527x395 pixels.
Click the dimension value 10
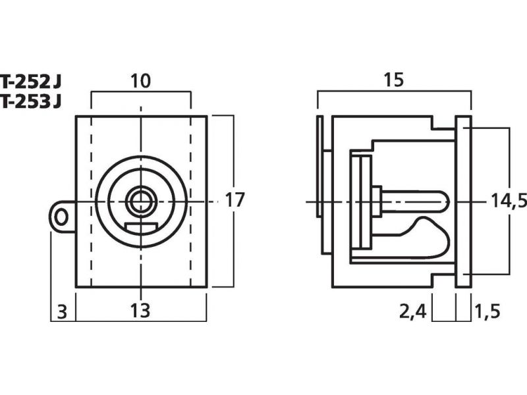(x=140, y=81)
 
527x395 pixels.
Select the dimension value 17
(x=235, y=200)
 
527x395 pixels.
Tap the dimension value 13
(x=140, y=310)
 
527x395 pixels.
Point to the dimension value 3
(x=62, y=311)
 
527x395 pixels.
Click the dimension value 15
(x=393, y=80)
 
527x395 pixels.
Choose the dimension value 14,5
(x=509, y=201)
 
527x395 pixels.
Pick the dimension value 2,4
(x=413, y=311)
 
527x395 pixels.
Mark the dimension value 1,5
(x=487, y=311)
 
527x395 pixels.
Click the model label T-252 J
(x=31, y=82)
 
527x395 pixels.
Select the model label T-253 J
(x=31, y=101)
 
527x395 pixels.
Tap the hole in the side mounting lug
(x=61, y=217)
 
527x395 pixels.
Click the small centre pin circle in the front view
(x=140, y=202)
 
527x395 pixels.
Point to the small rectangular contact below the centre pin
(x=141, y=228)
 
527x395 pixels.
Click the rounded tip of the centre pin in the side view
(x=446, y=202)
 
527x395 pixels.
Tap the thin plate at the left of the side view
(x=319, y=167)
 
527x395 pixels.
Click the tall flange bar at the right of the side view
(x=464, y=201)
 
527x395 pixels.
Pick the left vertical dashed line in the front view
(x=91, y=201)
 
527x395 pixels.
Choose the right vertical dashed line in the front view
(x=190, y=201)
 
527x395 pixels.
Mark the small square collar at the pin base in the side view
(x=376, y=201)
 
